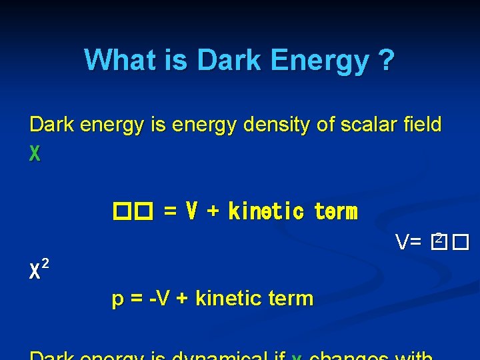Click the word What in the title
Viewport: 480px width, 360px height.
[x=117, y=61]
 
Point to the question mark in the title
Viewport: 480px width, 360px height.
[x=385, y=61]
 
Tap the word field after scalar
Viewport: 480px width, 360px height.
[x=418, y=125]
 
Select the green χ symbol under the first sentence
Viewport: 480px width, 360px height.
[x=35, y=155]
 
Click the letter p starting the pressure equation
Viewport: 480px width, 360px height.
[x=117, y=299]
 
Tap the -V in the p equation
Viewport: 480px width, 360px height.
[x=160, y=298]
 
